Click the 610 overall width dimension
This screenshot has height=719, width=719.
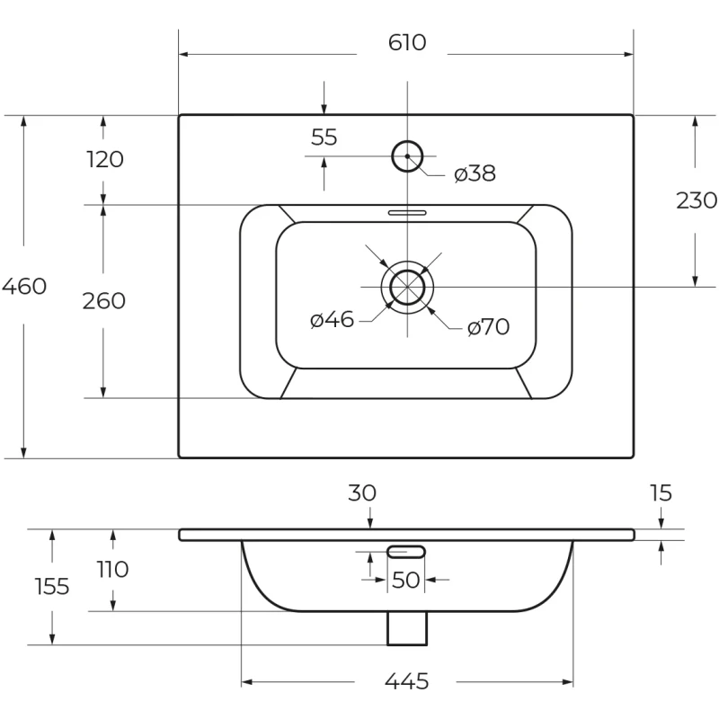[x=407, y=42]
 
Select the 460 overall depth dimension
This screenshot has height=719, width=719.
[x=24, y=286]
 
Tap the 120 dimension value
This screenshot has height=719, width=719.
[x=105, y=159]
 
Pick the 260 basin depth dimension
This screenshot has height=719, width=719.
[x=103, y=301]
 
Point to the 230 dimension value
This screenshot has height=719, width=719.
[x=697, y=200]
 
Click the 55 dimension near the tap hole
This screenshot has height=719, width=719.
[x=324, y=138]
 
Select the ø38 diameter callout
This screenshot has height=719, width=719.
[x=475, y=173]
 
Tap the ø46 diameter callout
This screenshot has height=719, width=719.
[x=332, y=319]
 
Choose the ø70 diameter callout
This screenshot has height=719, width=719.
[x=488, y=327]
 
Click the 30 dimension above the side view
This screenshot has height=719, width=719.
[x=362, y=493]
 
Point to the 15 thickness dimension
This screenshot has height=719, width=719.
[x=661, y=493]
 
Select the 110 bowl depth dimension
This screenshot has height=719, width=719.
[x=113, y=570]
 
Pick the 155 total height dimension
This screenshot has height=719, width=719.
[x=52, y=587]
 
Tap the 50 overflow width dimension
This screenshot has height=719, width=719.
[x=406, y=580]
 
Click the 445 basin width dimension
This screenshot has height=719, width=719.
[x=407, y=681]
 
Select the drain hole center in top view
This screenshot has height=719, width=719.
[x=407, y=287]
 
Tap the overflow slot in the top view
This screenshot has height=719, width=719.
[x=407, y=213]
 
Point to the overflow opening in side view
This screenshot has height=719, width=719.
[x=406, y=552]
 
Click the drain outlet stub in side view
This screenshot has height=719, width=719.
[x=407, y=628]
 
